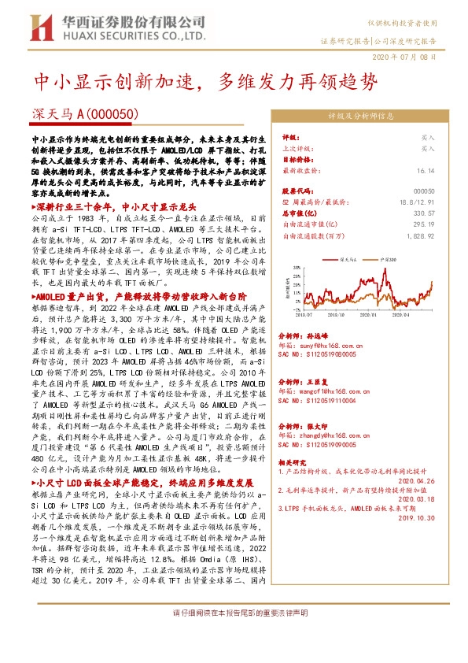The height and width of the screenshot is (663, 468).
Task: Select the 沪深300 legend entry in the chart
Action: click(387, 257)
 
